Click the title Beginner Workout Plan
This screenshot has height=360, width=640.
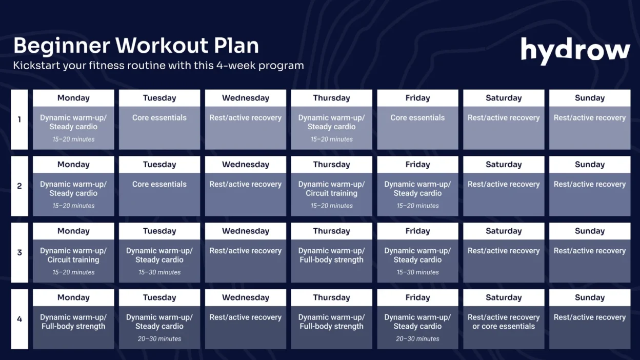pos(136,46)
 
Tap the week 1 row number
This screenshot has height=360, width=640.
pos(19,119)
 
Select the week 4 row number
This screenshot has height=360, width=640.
pos(19,319)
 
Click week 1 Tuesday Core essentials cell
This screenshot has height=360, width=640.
pos(159,127)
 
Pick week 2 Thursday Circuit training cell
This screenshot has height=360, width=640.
pos(331,194)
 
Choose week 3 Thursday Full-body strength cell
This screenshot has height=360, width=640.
pos(331,260)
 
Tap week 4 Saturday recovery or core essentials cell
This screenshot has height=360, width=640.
pos(504,327)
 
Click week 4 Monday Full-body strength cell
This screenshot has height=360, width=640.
pos(73,327)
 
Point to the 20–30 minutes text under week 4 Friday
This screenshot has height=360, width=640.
pos(417,339)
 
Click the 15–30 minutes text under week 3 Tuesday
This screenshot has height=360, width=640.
pos(159,272)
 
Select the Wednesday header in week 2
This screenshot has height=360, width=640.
pos(246,165)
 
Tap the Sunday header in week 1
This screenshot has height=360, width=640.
pos(590,98)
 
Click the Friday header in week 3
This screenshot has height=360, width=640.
pos(417,231)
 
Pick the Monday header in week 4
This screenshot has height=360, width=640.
pos(73,297)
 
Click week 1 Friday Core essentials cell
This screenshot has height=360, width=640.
pos(417,127)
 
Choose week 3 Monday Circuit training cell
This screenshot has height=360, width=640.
pos(73,260)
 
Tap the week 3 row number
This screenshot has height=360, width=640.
pos(19,253)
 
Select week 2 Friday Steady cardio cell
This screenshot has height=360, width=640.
pos(417,194)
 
